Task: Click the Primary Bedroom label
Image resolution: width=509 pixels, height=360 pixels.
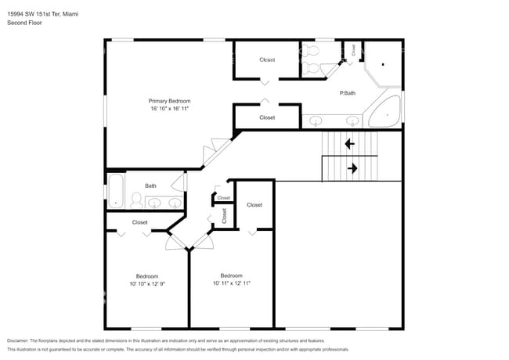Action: point(170,101)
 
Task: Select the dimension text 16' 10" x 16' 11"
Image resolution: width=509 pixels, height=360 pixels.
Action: point(170,109)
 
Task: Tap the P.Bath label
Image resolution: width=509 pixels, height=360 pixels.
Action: point(348,94)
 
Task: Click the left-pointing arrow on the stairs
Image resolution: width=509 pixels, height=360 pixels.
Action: point(349,144)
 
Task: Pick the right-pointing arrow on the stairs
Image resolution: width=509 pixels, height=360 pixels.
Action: point(352,167)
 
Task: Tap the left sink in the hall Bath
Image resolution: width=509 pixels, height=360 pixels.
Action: point(155,203)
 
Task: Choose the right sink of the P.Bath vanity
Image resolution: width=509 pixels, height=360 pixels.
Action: point(352,121)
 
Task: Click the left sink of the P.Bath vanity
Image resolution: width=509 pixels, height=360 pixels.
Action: point(317,121)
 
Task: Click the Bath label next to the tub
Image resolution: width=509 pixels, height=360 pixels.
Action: point(150,186)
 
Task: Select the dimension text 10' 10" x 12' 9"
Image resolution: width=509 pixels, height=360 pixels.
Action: point(147,284)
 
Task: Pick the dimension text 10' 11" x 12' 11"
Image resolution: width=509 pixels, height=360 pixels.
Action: point(231,283)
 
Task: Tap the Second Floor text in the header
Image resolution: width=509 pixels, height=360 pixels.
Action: point(25,23)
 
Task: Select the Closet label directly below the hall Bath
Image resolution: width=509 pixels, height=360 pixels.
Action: point(140,222)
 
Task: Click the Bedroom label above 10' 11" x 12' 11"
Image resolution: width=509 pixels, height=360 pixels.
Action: point(231,275)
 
